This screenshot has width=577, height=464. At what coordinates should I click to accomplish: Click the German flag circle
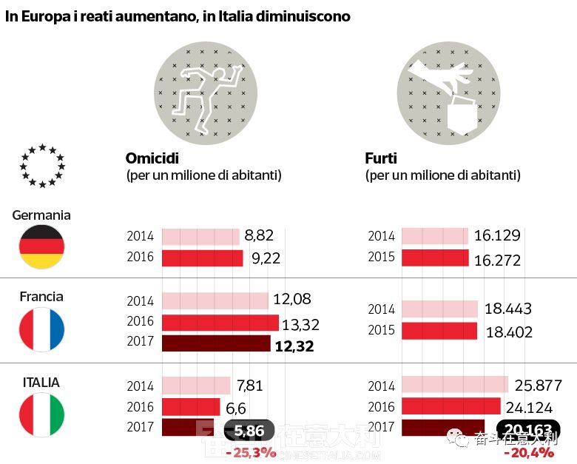point(42,247)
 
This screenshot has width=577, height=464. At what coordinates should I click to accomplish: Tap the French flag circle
point(42,329)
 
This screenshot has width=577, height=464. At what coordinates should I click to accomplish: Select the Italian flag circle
point(42,414)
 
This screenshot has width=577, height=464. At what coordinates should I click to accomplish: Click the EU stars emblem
point(42,166)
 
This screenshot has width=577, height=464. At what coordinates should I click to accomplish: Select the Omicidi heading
point(152,158)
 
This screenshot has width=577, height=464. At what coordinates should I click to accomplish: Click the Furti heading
point(381,158)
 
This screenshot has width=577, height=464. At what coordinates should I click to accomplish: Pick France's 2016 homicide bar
point(220,323)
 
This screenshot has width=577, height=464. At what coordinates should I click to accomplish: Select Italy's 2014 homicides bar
point(196,385)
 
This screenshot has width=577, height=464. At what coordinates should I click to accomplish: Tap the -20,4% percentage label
point(529,452)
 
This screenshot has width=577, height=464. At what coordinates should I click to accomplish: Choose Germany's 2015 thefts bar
point(436,258)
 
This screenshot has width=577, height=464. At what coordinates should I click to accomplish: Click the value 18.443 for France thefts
point(507,309)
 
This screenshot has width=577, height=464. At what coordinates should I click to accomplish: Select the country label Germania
point(41,215)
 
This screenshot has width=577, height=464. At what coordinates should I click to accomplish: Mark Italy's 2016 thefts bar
point(451,406)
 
